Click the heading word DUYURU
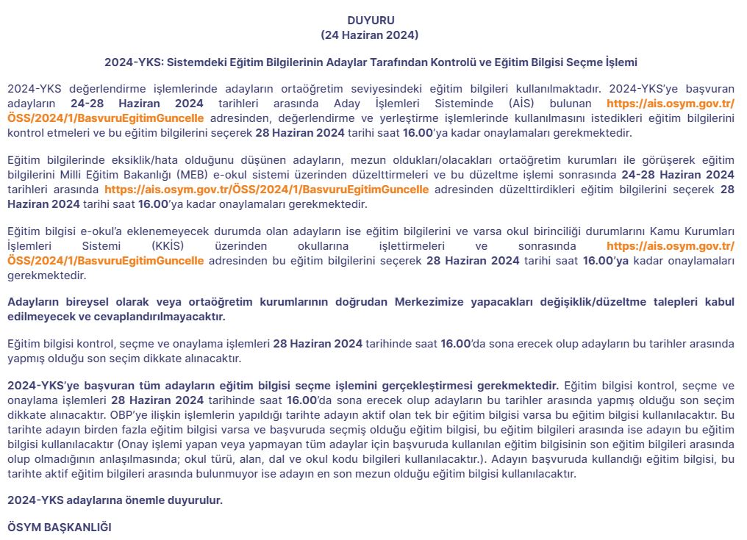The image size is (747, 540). click(371, 21)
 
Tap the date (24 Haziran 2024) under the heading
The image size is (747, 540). click(370, 35)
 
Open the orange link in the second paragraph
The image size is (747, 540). click(266, 189)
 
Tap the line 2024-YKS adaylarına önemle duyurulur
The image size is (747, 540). click(115, 500)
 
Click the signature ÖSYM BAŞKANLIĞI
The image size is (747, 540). click(60, 528)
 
